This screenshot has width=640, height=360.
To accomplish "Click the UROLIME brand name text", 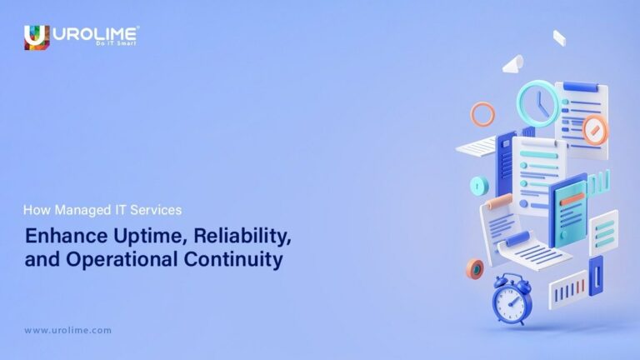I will (x=94, y=33).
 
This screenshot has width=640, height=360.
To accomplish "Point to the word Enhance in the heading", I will (x=57, y=235).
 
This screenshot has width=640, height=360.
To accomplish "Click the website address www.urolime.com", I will (x=67, y=330).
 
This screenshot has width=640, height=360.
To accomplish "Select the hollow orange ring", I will (x=483, y=113).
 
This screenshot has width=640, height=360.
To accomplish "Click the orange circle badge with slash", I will (x=595, y=130).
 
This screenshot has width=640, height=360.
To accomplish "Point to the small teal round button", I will (x=479, y=185).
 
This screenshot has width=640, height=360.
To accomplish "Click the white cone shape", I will (x=513, y=63).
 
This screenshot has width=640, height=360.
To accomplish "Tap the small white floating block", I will (x=559, y=37).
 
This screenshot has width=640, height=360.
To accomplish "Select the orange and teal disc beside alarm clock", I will (x=476, y=269).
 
